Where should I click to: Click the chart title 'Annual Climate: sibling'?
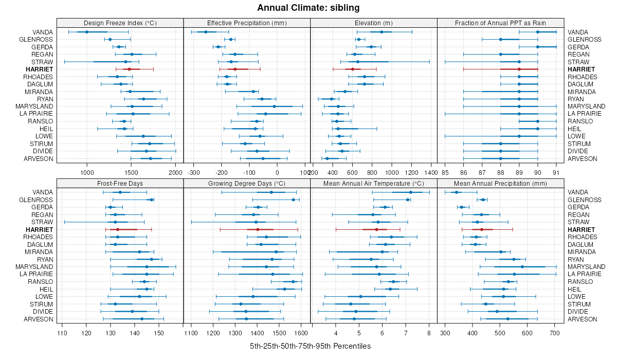tap(308, 8)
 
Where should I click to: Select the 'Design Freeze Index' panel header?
tap(120, 23)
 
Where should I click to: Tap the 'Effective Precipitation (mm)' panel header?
tap(247, 23)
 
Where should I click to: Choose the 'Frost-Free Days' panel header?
tap(120, 183)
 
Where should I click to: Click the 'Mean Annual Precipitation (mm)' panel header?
tap(501, 183)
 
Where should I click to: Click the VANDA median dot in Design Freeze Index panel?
tap(87, 32)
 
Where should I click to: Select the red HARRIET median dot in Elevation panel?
tap(353, 69)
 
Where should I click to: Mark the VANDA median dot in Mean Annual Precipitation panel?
tap(456, 192)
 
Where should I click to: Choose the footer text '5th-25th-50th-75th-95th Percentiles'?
tap(310, 346)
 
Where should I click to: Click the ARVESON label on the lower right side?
tap(583, 319)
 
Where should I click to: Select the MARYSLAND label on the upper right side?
tap(587, 106)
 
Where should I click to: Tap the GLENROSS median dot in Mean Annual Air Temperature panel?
tap(408, 200)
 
